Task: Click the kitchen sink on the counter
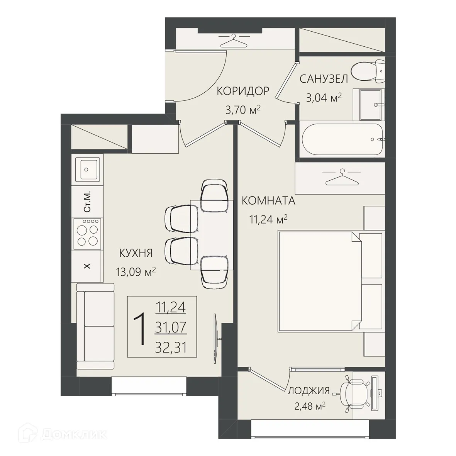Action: pos(88,169)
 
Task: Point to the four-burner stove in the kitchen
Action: pos(88,234)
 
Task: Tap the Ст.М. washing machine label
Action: pos(87,202)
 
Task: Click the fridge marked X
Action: pos(87,266)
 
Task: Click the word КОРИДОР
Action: pos(243,92)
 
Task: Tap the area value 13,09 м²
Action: pos(136,272)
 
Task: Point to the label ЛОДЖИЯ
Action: pos(309,390)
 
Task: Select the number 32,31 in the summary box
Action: pos(171,347)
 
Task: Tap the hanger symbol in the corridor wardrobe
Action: pos(234,41)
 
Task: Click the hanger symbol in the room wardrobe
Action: pos(342,177)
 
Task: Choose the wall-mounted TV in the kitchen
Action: pos(215,339)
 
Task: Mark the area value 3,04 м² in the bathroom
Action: pos(324,98)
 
